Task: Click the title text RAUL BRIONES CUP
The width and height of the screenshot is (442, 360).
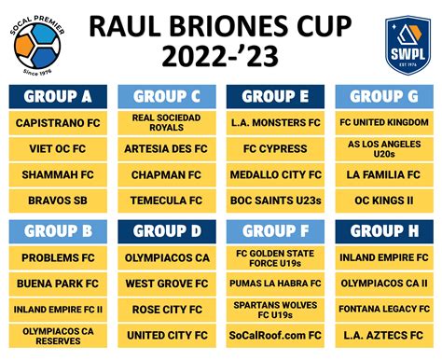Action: click(x=222, y=25)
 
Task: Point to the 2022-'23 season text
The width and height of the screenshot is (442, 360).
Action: click(x=222, y=58)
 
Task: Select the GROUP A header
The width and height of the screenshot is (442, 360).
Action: click(x=58, y=96)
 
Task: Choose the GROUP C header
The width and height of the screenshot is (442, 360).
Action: click(x=167, y=96)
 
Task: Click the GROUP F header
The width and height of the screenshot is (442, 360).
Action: click(x=276, y=230)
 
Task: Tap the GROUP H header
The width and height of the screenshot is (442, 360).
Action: click(x=385, y=230)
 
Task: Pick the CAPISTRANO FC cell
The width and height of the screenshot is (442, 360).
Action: click(x=58, y=122)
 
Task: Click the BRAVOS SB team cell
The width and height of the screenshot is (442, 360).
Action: click(x=58, y=201)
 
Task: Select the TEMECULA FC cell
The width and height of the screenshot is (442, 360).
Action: click(x=167, y=201)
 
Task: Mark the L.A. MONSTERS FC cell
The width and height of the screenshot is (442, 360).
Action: click(x=276, y=122)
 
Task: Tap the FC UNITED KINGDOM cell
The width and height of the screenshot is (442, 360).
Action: click(x=385, y=122)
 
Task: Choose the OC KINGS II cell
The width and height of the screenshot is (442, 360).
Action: click(x=385, y=201)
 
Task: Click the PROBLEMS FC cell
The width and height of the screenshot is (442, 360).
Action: click(x=58, y=256)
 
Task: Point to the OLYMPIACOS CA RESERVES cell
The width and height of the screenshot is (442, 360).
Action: click(x=58, y=335)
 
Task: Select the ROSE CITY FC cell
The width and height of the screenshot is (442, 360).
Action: click(x=167, y=309)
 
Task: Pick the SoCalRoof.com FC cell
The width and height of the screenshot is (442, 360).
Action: click(x=276, y=335)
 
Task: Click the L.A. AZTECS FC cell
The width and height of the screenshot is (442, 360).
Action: click(x=385, y=335)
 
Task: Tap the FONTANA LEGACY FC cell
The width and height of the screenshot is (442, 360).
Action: click(x=385, y=309)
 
